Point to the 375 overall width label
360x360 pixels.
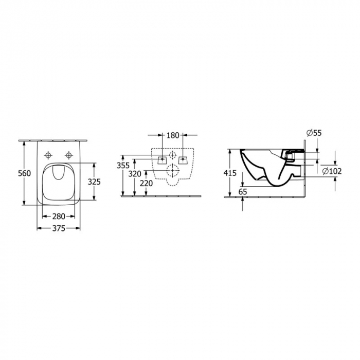tap(59, 229)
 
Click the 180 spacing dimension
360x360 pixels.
tap(173, 136)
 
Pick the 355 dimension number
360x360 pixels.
tap(122, 165)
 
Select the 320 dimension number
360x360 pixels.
tap(135, 174)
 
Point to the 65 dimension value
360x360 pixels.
tap(243, 190)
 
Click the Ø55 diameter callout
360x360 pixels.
tap(314, 133)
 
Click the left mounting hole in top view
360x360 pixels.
tap(49, 154)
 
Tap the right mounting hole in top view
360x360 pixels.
tap(68, 154)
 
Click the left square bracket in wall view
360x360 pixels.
tap(163, 159)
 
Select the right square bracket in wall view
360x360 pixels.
tap(182, 159)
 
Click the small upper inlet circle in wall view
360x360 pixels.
tap(173, 155)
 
